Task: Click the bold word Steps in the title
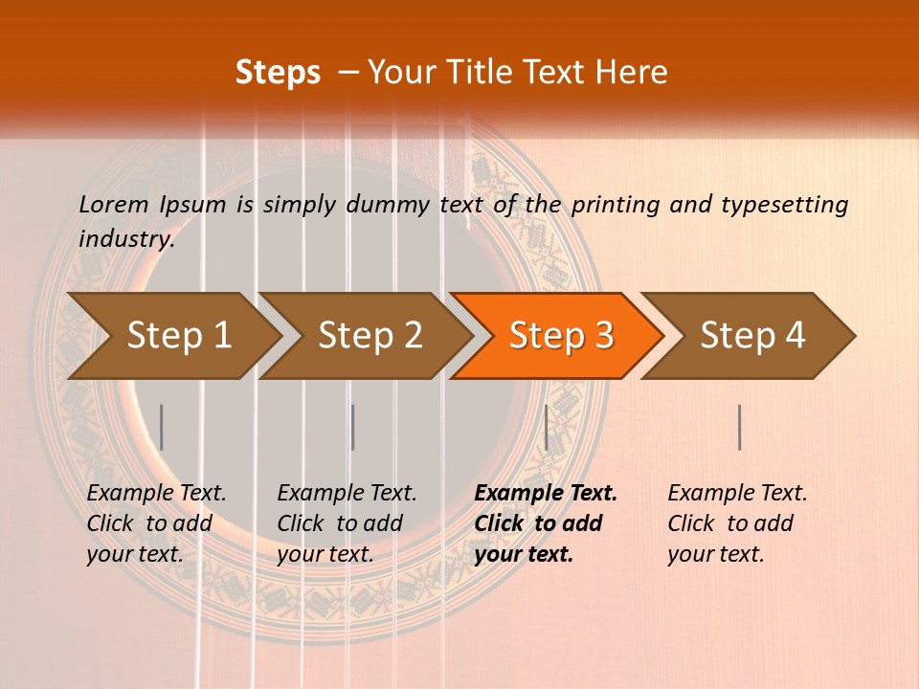pos(278,72)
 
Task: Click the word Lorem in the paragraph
pos(114,204)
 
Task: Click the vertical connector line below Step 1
pos(161,427)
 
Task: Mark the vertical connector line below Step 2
pos(353,427)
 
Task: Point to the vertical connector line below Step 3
pos(546,427)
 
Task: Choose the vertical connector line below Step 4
pos(739,427)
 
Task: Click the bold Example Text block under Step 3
pos(544,523)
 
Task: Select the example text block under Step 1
pos(156,523)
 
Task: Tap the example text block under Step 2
pos(347,523)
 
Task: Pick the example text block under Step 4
pos(737,523)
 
